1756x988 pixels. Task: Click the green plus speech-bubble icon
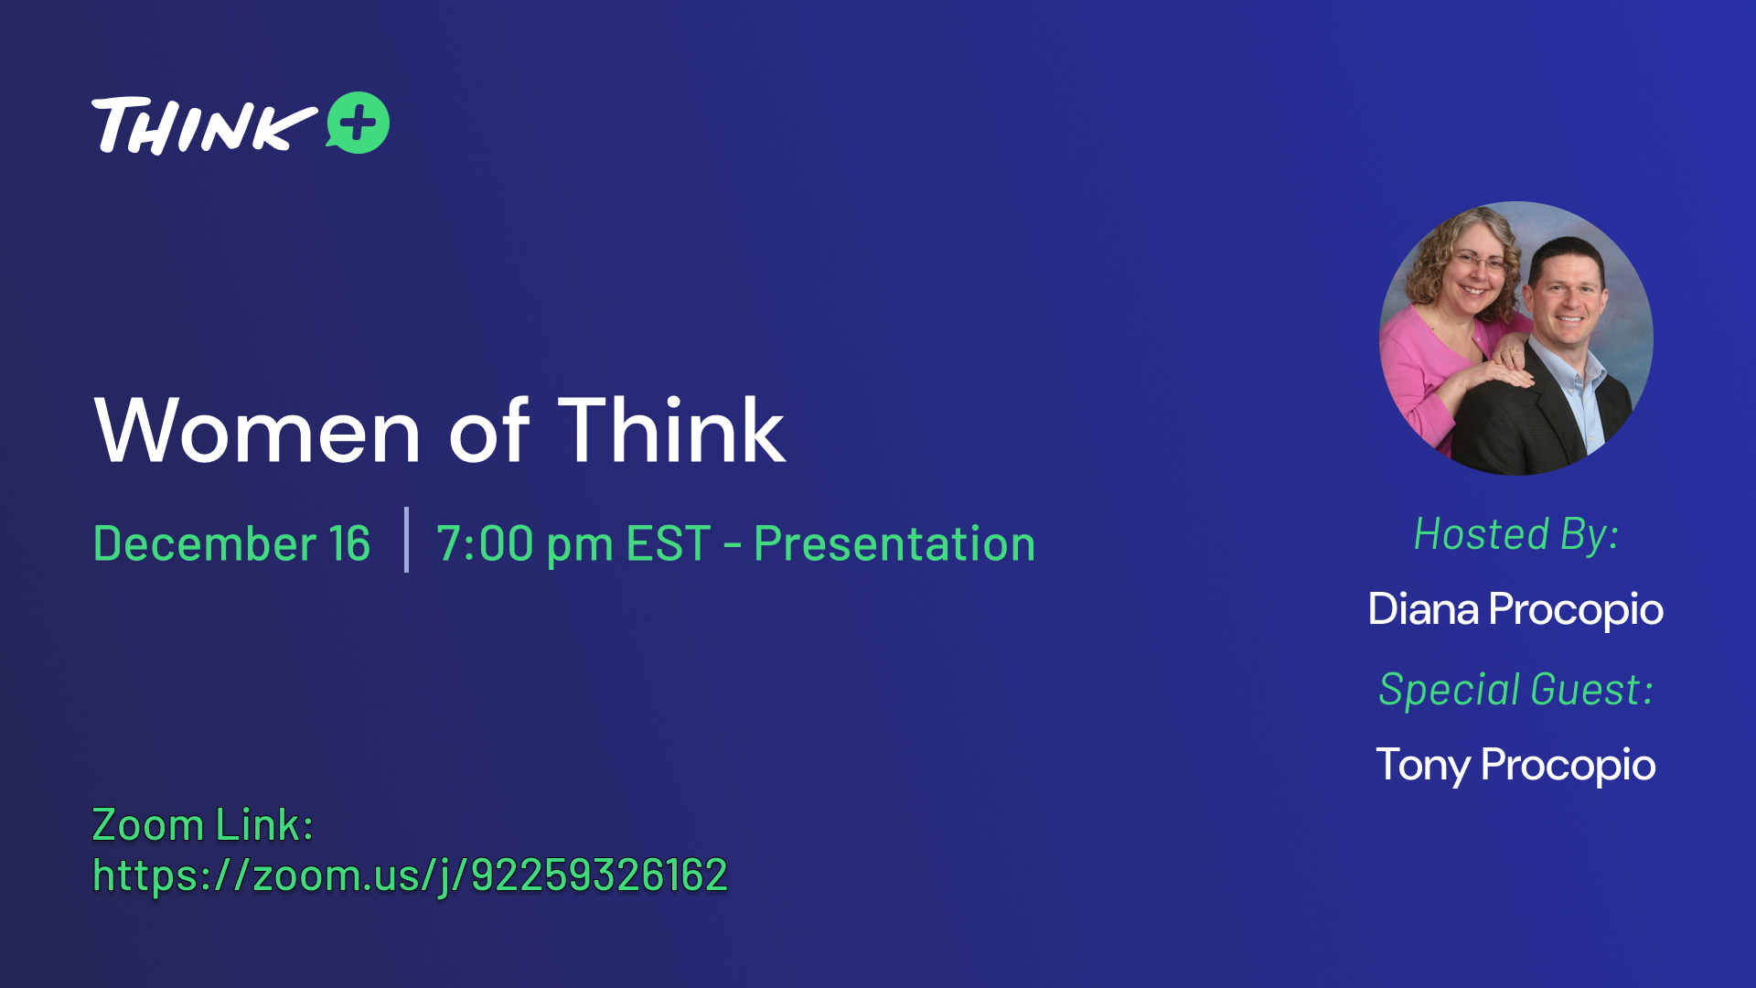358,123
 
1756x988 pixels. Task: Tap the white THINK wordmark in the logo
204,125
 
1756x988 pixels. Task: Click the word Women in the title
257,431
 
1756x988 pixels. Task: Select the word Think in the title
671,429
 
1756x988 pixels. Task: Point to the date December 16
231,543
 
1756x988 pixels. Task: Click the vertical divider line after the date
406,540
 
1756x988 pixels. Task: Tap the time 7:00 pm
525,545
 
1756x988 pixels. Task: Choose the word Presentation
894,543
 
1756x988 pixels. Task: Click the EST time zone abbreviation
669,543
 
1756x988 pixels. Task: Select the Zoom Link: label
203,824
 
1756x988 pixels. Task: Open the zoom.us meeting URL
410,875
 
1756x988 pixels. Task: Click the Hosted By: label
1516,534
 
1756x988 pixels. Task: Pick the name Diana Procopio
1515,609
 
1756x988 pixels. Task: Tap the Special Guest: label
1515,689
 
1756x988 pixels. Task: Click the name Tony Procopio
1515,765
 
